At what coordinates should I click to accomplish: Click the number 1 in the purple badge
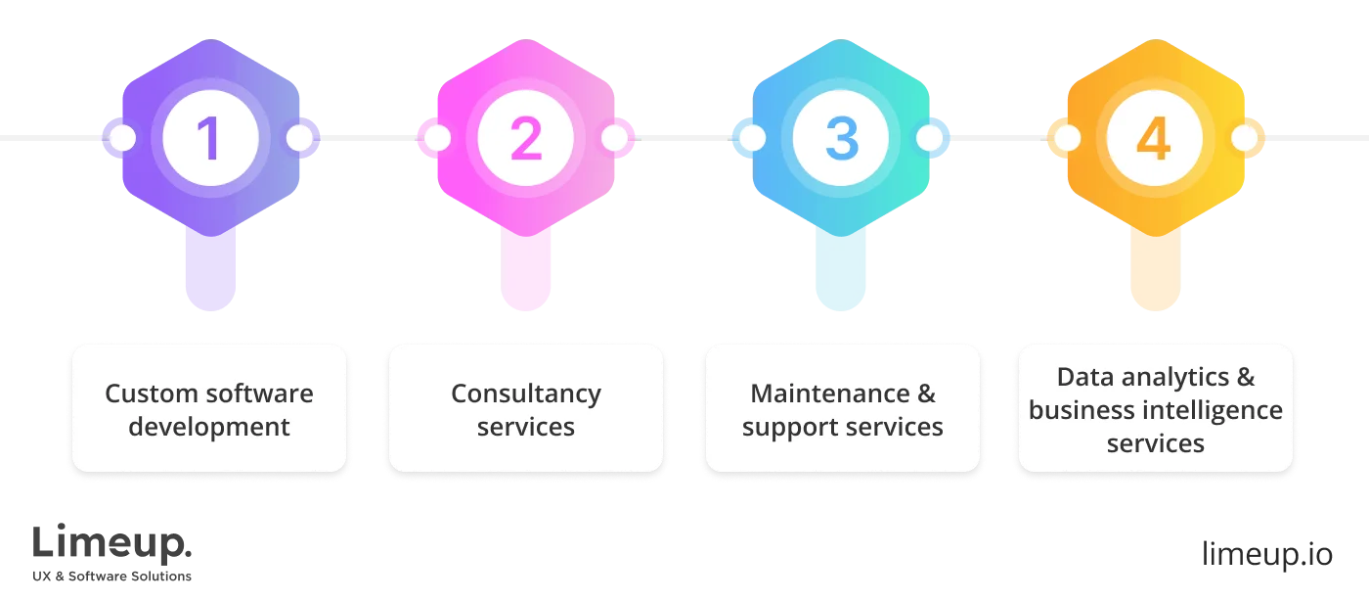coord(210,139)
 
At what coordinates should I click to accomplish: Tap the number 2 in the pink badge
coord(525,139)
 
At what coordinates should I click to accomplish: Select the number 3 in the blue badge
coord(840,139)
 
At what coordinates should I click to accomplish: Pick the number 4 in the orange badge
coord(1154,139)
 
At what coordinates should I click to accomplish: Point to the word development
coord(209,427)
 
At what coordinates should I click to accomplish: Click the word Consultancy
coord(525,393)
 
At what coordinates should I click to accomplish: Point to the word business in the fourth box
coord(1077,410)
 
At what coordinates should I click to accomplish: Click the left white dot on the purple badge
coord(122,138)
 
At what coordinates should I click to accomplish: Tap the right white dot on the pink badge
coord(614,138)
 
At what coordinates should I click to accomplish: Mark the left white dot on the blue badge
coord(751,138)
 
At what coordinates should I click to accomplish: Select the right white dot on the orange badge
coord(1245,138)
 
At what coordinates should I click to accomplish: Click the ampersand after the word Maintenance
coord(926,393)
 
